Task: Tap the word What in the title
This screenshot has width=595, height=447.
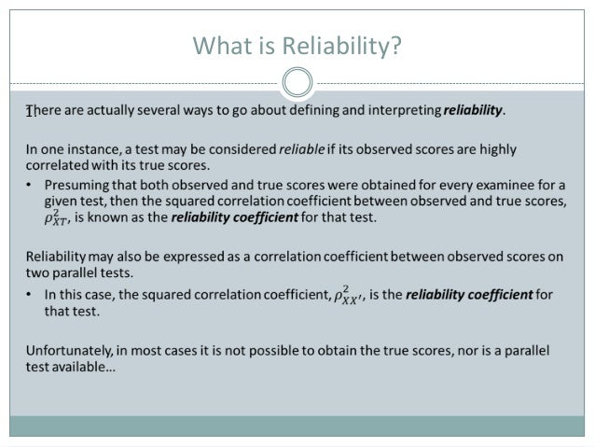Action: (217, 45)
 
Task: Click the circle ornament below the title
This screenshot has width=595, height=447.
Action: (297, 83)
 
